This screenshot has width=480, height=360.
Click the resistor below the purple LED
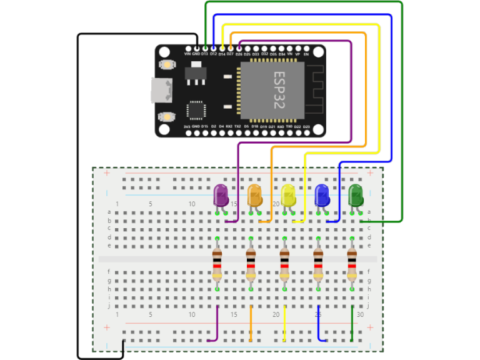(x=217, y=264)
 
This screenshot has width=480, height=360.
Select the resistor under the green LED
(x=352, y=264)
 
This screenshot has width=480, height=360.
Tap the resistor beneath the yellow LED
(x=284, y=264)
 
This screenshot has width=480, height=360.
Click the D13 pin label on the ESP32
(x=204, y=54)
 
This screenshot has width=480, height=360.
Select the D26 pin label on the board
(x=239, y=54)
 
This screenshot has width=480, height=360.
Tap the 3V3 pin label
(x=187, y=127)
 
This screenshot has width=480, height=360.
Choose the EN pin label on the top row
(x=306, y=54)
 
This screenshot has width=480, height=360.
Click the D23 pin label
(x=306, y=127)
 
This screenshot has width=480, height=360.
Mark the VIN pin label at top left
(x=187, y=54)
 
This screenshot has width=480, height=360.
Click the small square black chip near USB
(x=196, y=111)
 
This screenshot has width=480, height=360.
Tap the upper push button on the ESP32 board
(x=167, y=64)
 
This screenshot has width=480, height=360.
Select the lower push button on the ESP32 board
(x=167, y=116)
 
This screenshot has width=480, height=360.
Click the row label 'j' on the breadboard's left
(x=109, y=306)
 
